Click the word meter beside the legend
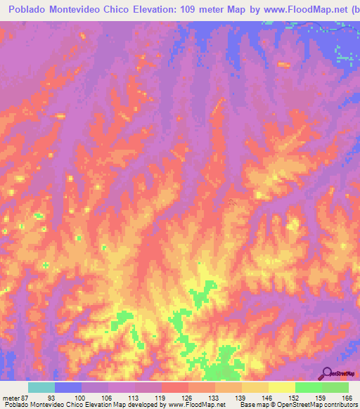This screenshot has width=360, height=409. [x=9, y=398]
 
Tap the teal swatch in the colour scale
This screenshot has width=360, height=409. [x=41, y=387]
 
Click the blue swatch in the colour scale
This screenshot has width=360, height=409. [x=68, y=387]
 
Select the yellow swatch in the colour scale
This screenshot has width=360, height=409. [x=282, y=387]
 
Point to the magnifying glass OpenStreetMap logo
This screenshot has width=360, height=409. [x=327, y=373]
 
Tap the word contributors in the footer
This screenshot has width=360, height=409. [x=340, y=405]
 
